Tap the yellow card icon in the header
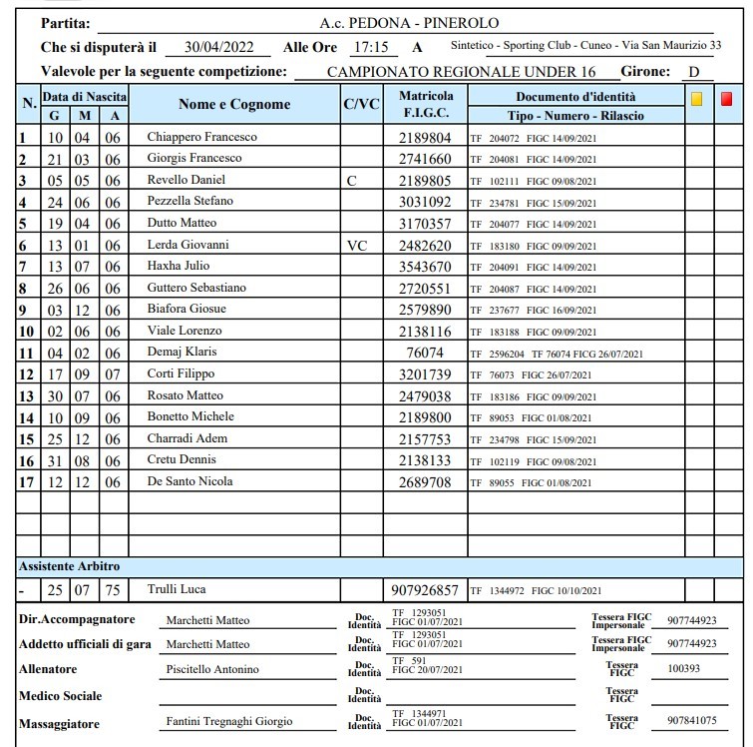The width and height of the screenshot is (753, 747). (696, 98)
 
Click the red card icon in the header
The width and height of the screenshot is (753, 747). (726, 98)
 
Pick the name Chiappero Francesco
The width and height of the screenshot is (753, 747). (201, 137)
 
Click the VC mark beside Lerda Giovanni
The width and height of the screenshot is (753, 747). (358, 245)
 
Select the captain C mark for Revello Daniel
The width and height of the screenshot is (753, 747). (350, 181)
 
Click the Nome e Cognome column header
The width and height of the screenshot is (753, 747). (234, 104)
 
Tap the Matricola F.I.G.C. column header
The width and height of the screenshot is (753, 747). (426, 104)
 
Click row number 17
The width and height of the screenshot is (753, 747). (27, 482)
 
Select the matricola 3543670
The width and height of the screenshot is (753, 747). (426, 267)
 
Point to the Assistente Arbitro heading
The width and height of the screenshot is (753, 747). (66, 566)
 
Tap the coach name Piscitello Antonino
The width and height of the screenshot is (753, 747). (212, 669)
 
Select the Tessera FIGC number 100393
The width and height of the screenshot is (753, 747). (683, 669)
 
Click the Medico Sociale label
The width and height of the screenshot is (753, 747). (61, 695)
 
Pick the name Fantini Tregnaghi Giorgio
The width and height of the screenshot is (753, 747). (229, 722)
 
